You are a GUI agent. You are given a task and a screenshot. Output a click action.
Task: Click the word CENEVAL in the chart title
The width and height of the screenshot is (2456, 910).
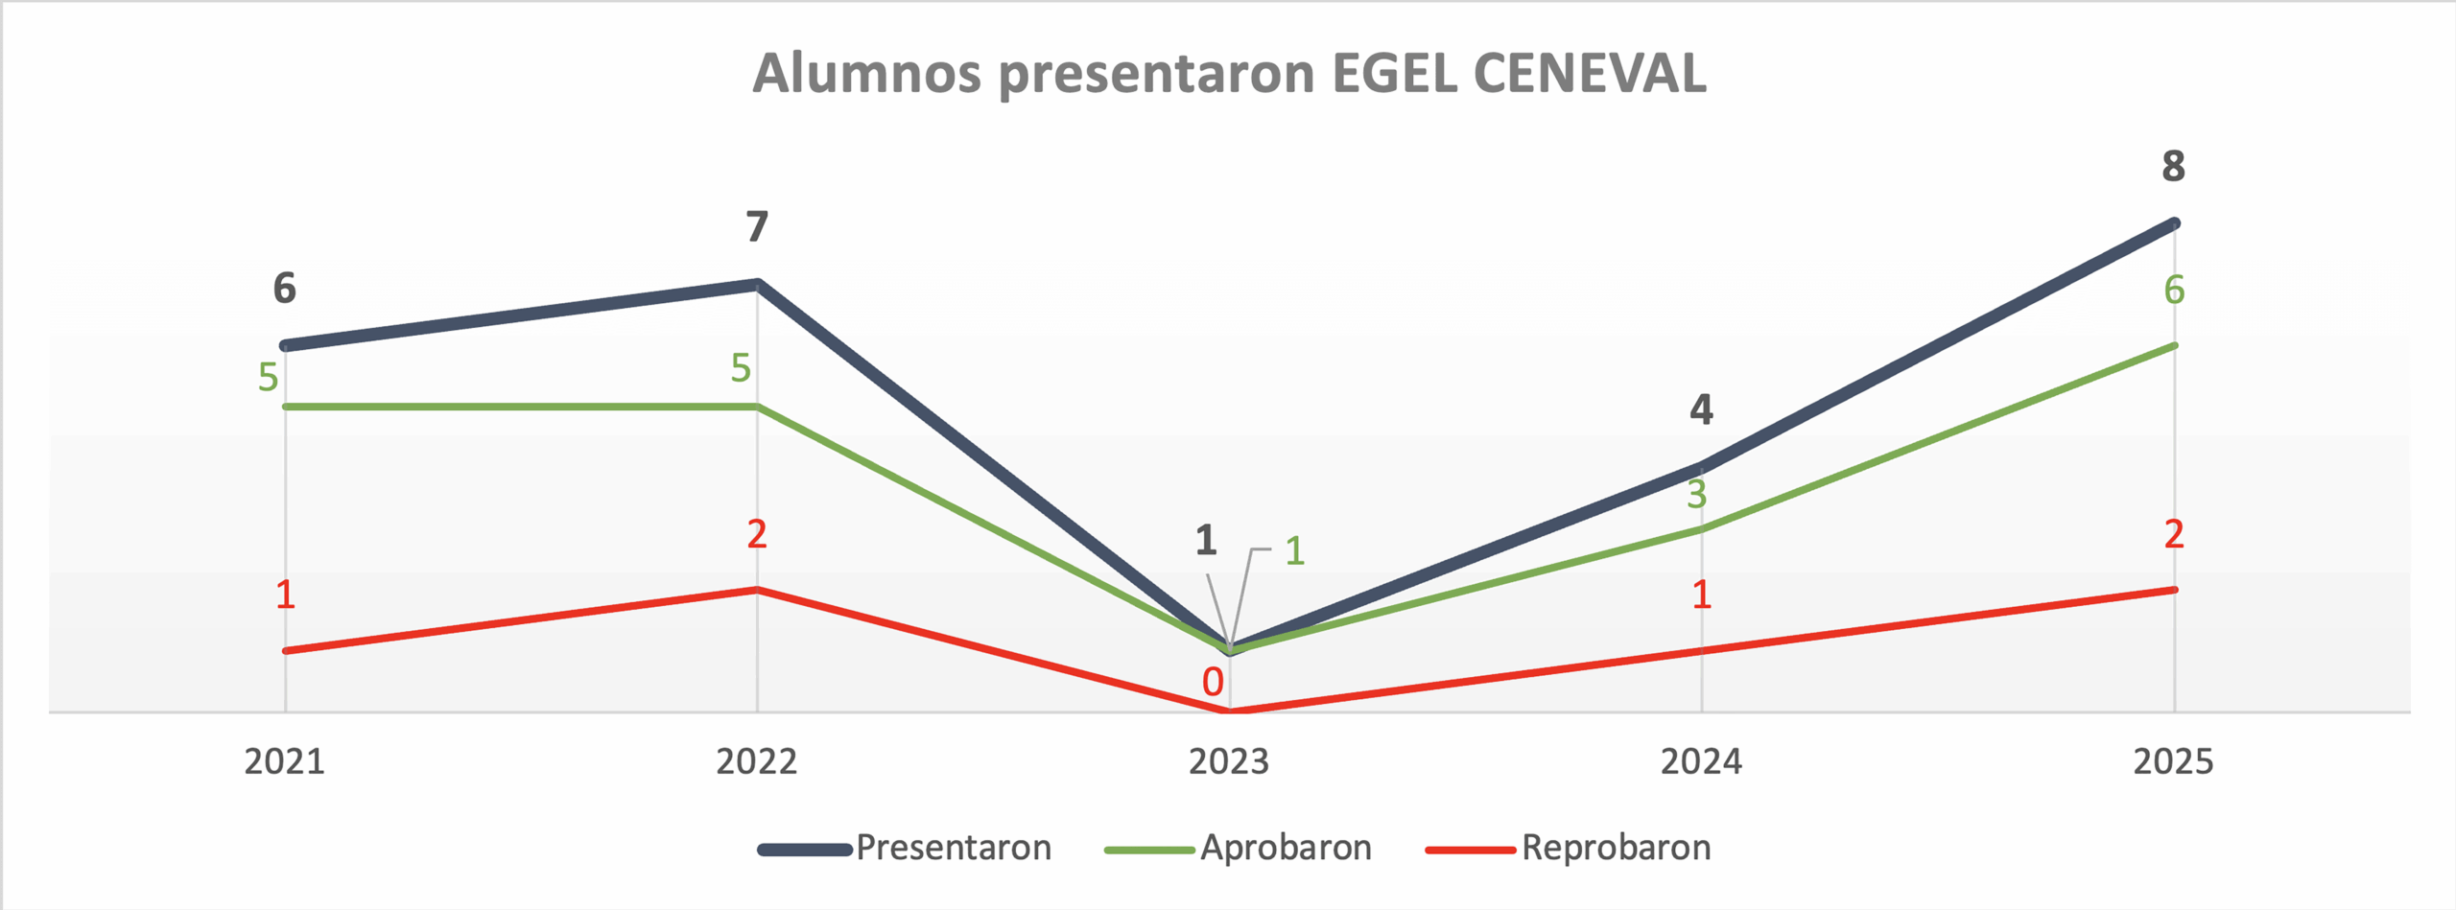(x=1590, y=73)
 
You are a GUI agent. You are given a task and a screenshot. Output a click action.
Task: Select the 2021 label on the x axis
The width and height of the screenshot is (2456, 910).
(x=284, y=761)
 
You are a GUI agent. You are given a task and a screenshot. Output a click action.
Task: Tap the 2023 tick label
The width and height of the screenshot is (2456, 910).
(x=1229, y=761)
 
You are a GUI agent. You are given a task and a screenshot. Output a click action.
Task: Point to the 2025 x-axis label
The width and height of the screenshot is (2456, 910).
(x=2173, y=761)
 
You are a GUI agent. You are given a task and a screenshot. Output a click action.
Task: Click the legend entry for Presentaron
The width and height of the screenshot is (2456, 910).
(x=953, y=848)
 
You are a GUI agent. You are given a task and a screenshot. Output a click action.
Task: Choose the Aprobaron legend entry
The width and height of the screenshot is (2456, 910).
(x=1286, y=848)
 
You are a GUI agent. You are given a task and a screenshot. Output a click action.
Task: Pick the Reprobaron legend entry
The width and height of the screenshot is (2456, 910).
(x=1616, y=848)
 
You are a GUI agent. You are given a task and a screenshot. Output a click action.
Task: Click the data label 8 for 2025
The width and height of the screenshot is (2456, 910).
(x=2173, y=167)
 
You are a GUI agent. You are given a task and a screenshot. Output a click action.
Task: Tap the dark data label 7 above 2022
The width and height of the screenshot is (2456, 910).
(x=757, y=227)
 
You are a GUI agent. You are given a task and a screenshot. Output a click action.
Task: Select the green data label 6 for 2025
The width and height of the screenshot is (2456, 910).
(x=2174, y=290)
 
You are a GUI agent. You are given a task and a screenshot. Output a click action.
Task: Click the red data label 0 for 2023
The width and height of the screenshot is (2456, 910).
(x=1213, y=682)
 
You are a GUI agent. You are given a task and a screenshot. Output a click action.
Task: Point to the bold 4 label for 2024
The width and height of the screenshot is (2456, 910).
(x=1701, y=409)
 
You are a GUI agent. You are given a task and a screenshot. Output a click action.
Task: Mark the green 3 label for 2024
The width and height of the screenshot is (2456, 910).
(x=1697, y=495)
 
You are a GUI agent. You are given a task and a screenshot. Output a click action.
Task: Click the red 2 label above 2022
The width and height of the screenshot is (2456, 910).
(x=757, y=534)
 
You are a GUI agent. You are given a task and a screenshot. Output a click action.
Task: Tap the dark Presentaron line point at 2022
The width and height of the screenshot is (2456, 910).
(x=757, y=285)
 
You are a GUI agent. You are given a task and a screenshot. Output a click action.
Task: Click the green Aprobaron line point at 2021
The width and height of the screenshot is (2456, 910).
(x=285, y=407)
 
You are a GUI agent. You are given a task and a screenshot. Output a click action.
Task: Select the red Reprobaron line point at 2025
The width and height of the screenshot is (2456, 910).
(x=2174, y=590)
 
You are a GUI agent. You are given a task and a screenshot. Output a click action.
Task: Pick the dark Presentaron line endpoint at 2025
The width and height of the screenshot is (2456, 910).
(x=2174, y=223)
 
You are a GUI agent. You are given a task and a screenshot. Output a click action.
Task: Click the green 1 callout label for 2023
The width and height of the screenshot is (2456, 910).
(x=1295, y=551)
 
